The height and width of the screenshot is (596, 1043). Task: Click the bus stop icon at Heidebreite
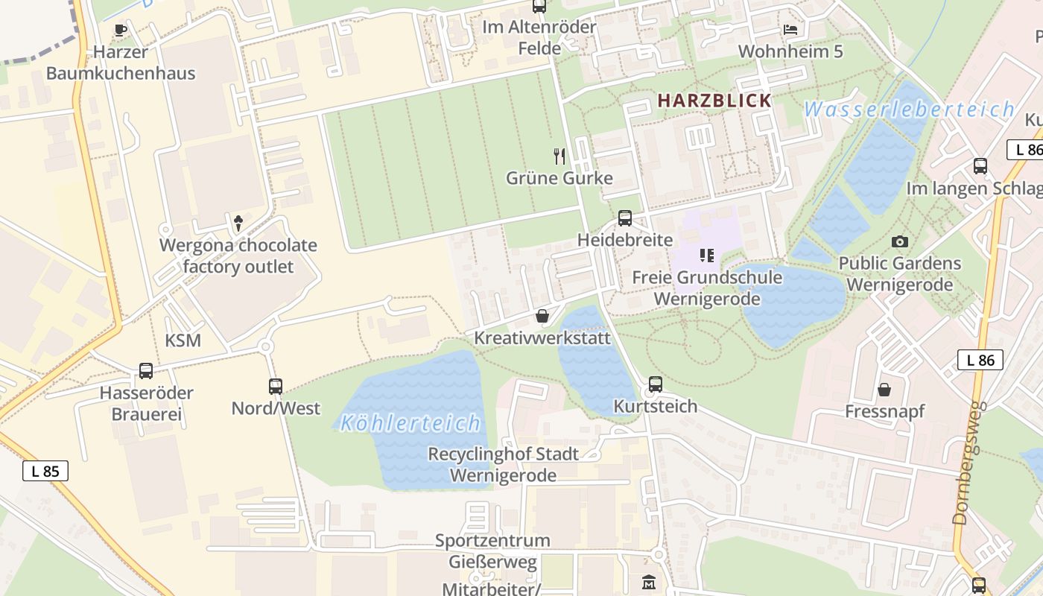click(624, 218)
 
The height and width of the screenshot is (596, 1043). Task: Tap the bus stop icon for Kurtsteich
click(655, 384)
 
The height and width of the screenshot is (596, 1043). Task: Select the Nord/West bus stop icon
click(276, 387)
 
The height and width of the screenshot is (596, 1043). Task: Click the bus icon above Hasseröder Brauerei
click(146, 371)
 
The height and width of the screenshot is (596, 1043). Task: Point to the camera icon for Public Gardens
click(899, 241)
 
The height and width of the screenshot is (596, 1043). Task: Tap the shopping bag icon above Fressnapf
click(884, 390)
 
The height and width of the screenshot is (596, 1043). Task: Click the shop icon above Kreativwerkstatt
click(542, 317)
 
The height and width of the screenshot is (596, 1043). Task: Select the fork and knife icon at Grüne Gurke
click(559, 156)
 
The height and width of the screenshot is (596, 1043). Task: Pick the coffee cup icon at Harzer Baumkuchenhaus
click(121, 31)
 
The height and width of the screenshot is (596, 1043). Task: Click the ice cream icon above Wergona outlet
click(238, 222)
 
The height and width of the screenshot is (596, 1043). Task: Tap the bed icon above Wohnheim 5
click(790, 30)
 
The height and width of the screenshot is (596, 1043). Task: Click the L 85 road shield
click(45, 471)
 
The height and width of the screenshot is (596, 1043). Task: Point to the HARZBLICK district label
click(714, 101)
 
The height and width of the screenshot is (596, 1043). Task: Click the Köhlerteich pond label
click(410, 424)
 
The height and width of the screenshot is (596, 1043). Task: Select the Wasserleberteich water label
click(909, 110)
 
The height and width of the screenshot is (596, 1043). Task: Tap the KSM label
click(183, 341)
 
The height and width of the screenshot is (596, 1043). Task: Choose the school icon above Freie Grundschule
click(707, 256)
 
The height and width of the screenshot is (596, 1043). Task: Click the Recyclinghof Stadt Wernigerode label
click(503, 465)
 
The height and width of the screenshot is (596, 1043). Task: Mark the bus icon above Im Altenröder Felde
click(539, 7)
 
